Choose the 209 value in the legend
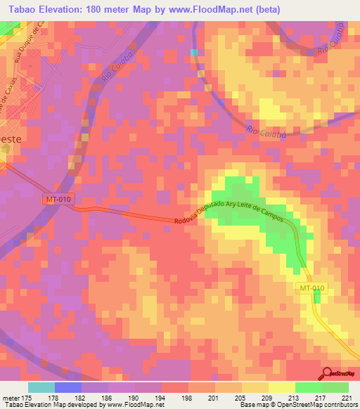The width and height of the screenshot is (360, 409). point(269,397)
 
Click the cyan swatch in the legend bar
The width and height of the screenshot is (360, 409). point(41,387)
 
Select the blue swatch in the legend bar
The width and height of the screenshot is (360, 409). point(68,387)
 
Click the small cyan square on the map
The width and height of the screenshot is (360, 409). point(194,52)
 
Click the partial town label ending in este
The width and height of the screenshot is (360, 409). point(11,140)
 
